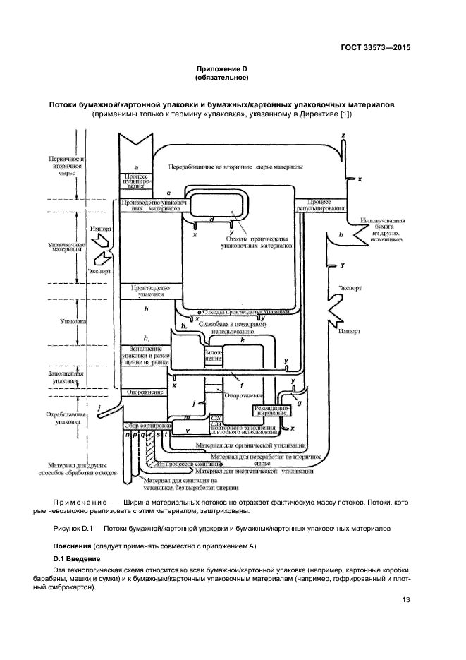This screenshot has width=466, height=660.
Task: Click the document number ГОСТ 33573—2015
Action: click(374, 48)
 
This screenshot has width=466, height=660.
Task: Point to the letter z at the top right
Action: click(343, 134)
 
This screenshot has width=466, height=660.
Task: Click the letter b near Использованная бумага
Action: click(341, 234)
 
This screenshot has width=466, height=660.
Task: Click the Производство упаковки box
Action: click(147, 292)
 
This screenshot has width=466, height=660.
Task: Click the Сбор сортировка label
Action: click(146, 426)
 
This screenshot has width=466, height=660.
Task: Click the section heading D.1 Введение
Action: click(80, 558)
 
